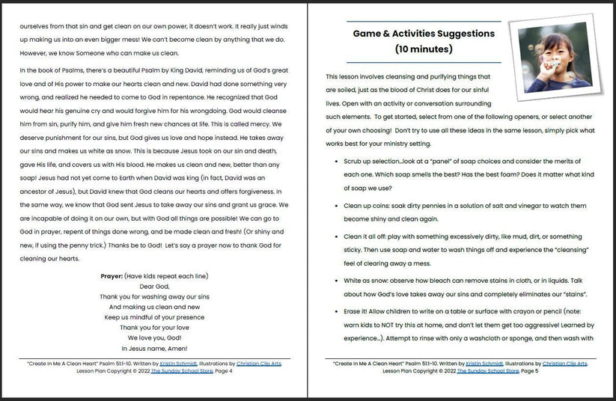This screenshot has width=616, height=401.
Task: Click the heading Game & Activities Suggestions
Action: [424, 34]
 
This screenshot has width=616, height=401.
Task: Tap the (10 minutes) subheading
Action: [424, 49]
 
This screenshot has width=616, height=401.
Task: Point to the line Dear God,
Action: [154, 287]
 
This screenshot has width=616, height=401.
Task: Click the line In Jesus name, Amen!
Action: [154, 349]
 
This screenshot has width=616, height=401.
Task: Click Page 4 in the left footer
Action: [222, 372]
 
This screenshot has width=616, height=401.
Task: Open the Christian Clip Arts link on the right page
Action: [565, 364]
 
